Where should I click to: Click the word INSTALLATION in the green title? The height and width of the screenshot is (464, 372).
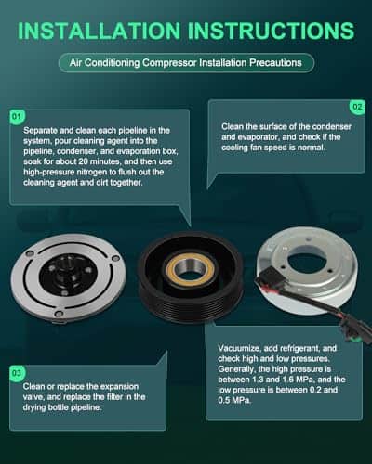click(100, 31)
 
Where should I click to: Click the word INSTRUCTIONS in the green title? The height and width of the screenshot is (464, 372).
click(271, 31)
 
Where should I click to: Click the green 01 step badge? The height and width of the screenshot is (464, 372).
click(17, 117)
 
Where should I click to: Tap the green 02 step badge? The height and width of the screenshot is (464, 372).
click(357, 107)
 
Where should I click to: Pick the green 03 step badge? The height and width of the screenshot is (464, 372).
click(17, 373)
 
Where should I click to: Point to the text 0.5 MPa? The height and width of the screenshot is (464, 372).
click(234, 401)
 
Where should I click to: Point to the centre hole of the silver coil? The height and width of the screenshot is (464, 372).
click(306, 263)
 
